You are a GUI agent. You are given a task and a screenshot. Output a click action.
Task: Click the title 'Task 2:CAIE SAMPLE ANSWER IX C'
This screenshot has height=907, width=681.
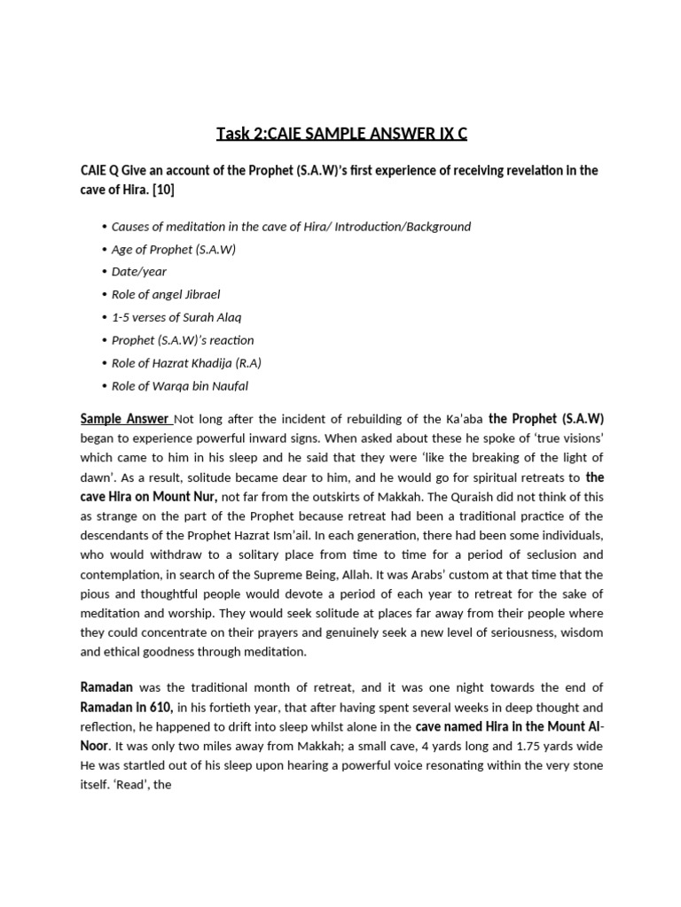click(x=341, y=134)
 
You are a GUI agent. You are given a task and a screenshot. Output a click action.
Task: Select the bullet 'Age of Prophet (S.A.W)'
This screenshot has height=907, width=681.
click(x=174, y=249)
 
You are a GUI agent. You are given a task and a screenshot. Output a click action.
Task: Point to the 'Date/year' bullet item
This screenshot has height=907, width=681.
click(x=139, y=272)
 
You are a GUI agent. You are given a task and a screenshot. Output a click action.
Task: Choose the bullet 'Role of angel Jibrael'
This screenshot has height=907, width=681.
click(x=166, y=294)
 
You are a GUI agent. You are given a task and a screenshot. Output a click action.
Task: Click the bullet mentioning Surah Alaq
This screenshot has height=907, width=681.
click(x=176, y=317)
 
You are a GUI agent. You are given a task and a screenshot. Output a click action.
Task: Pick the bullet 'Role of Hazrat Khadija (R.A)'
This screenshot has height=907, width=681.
click(x=186, y=362)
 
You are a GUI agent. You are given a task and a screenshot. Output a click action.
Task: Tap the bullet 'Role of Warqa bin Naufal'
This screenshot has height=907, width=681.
click(x=180, y=385)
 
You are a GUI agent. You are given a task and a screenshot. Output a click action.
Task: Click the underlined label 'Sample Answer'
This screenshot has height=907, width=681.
click(x=124, y=418)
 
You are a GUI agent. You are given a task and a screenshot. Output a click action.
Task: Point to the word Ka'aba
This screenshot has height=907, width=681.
click(x=458, y=418)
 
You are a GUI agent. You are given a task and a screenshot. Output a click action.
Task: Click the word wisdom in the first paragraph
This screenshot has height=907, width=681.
click(x=580, y=632)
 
